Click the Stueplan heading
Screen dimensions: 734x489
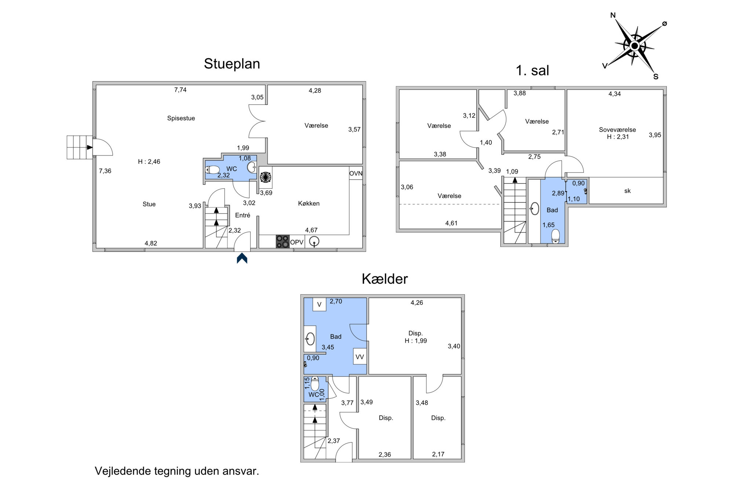tap(232, 64)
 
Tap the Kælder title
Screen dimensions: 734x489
tap(385, 279)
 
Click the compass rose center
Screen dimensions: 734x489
tap(635, 46)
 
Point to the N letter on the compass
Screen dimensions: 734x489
tap(613, 15)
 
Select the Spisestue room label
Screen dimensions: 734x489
tap(181, 118)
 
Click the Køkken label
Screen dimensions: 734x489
tap(309, 203)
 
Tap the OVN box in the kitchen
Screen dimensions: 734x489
tap(356, 174)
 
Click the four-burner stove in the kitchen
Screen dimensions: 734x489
tap(283, 241)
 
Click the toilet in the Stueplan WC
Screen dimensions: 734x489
tap(212, 169)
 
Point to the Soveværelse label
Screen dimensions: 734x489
tap(617, 129)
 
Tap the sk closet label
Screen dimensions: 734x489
tap(627, 191)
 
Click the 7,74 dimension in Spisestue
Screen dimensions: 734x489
tap(180, 90)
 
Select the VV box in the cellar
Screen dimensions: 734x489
tap(360, 357)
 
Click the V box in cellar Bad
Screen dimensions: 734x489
tap(319, 304)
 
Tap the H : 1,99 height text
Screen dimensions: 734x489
tap(416, 341)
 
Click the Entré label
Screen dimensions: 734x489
tap(243, 215)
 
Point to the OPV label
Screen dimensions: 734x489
tap(297, 242)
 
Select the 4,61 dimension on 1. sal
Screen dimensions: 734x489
tap(451, 223)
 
